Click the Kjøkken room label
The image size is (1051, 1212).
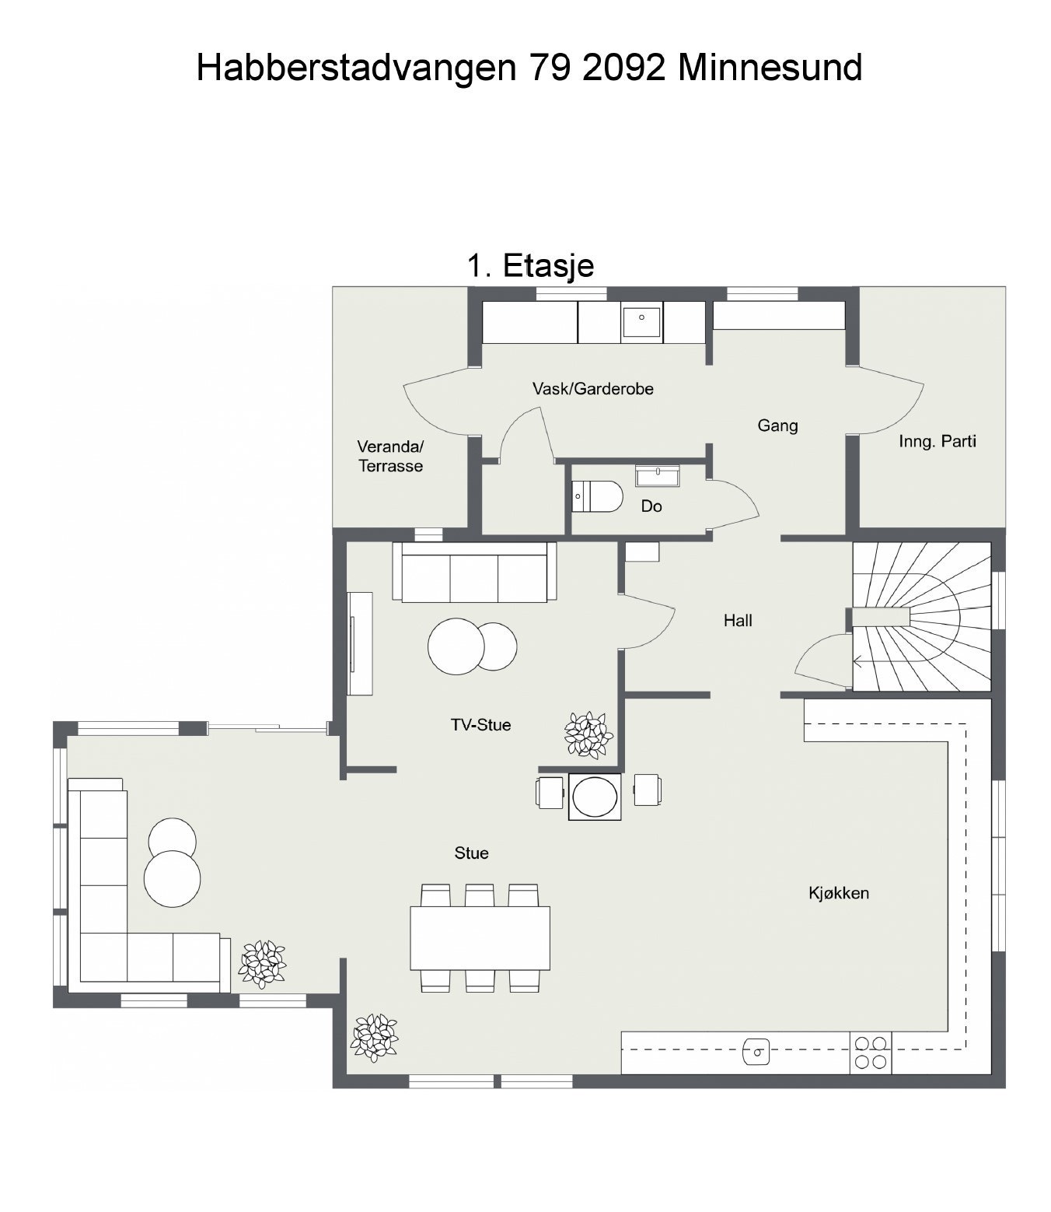(838, 893)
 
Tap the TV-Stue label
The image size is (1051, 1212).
(480, 725)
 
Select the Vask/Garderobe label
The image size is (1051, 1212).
(592, 388)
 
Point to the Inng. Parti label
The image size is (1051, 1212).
(937, 441)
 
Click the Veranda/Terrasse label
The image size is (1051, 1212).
(390, 457)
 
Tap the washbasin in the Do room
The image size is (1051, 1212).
(657, 475)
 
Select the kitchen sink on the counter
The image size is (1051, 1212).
(756, 1052)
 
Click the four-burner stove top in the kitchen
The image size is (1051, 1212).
(871, 1053)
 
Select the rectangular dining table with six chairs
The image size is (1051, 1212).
(480, 937)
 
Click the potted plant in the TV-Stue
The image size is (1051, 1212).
(588, 734)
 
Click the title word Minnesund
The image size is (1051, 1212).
(770, 68)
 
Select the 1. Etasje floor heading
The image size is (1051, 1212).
(530, 265)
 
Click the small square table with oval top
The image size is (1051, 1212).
(595, 796)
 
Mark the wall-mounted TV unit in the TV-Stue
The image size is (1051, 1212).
(359, 643)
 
